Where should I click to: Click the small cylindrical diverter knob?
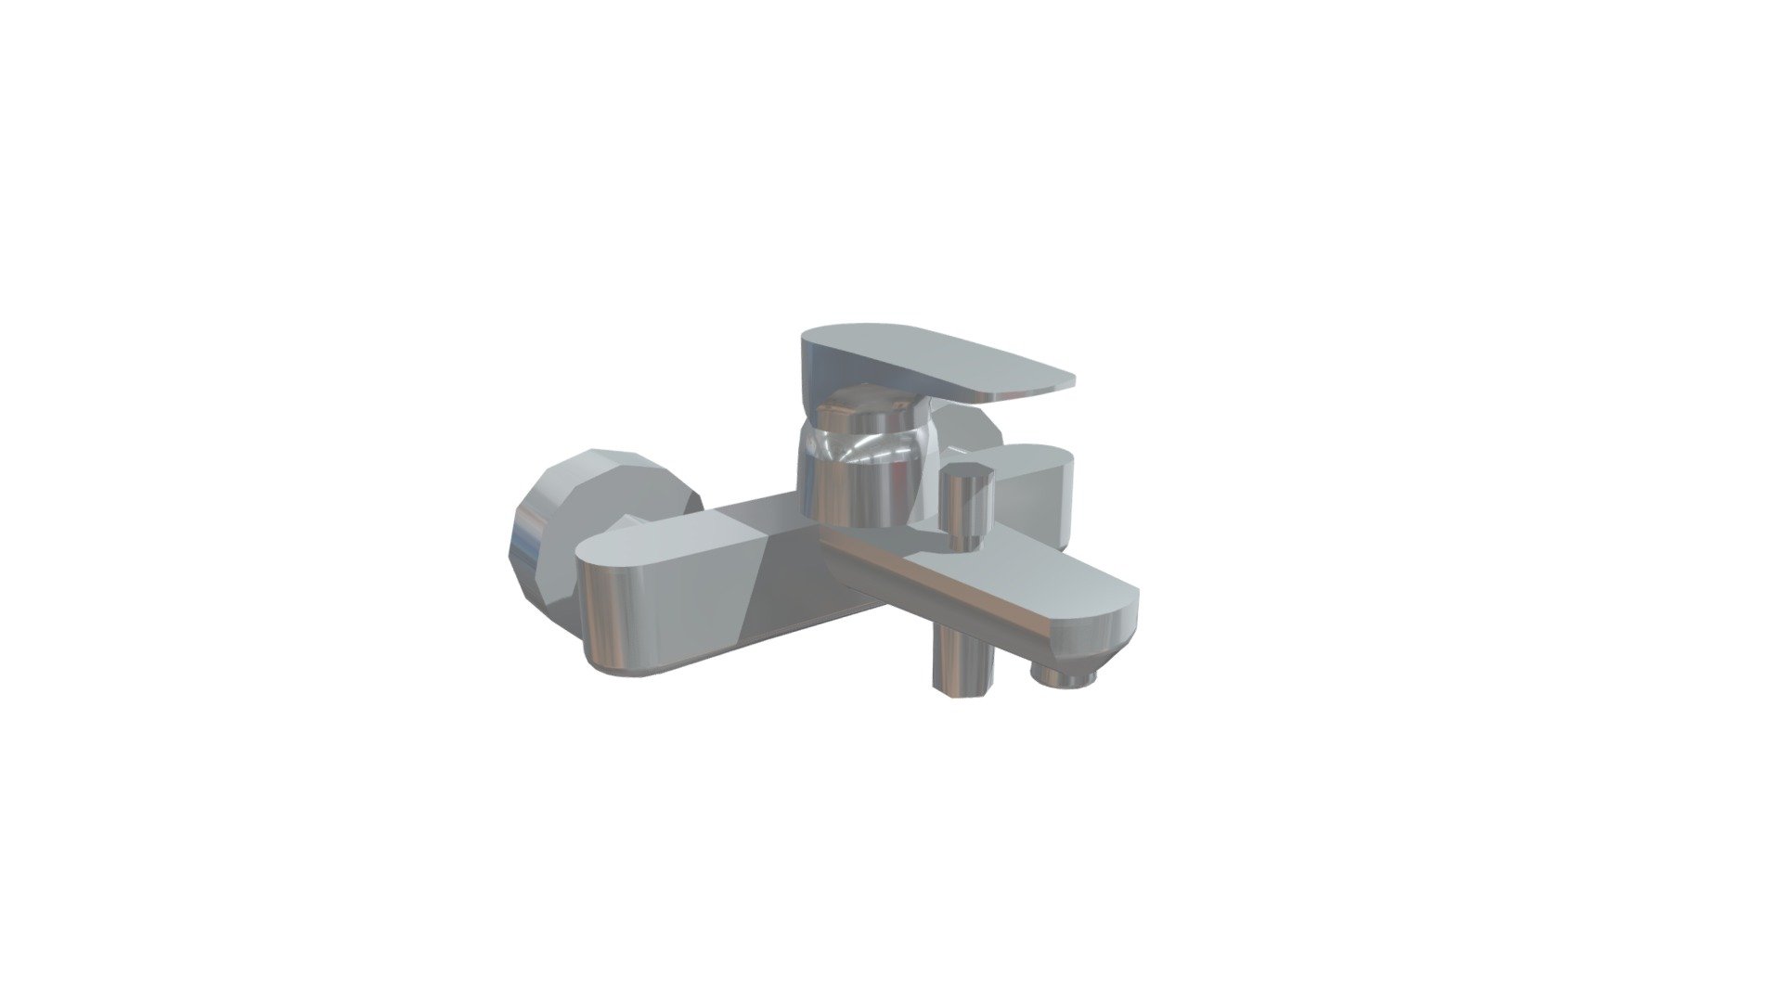point(966,510)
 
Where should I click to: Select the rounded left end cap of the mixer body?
point(613,612)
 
